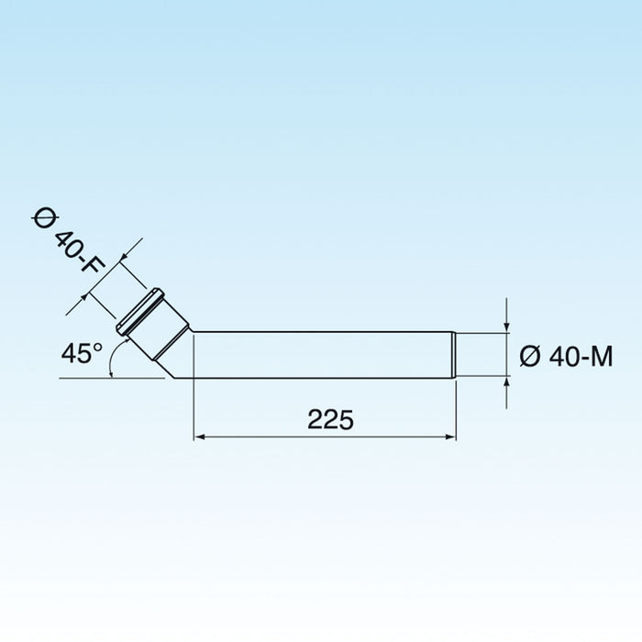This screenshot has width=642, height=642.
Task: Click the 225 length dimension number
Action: click(330, 420)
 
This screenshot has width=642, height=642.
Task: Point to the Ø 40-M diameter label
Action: click(566, 356)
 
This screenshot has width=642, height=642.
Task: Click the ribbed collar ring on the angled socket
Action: click(140, 311)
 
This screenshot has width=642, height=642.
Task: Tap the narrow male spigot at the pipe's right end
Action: click(481, 355)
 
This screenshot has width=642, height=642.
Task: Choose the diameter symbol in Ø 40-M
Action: click(529, 356)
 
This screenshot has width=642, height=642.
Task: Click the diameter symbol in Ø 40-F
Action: click(47, 216)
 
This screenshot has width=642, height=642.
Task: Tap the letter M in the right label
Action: click(600, 356)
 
